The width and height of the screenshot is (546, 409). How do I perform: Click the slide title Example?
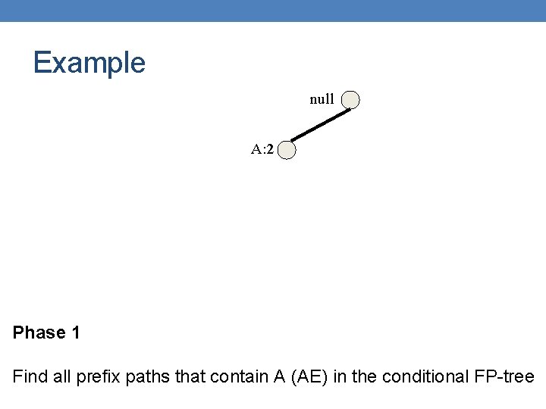(x=89, y=63)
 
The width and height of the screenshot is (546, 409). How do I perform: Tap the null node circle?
(x=350, y=100)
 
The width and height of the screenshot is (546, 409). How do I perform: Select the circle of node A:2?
(x=287, y=151)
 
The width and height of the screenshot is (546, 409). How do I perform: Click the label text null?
(x=322, y=99)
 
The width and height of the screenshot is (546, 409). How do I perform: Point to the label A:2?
(x=262, y=149)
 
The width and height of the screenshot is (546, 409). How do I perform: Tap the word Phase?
(x=38, y=333)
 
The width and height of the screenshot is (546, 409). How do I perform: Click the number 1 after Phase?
(x=75, y=333)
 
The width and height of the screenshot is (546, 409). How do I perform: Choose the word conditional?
(x=425, y=376)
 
